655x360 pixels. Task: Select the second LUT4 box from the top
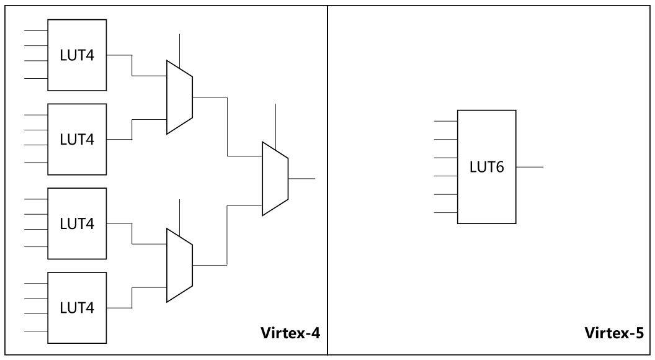tap(77, 138)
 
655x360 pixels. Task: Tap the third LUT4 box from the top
tap(77, 223)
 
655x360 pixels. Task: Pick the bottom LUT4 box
tap(77, 307)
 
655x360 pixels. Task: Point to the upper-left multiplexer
tap(179, 97)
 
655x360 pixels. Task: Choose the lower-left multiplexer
tap(179, 265)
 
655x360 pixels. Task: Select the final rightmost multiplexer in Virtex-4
tap(275, 179)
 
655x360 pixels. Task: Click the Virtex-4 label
tap(290, 333)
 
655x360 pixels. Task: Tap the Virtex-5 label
tap(615, 333)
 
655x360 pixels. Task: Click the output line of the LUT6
tap(530, 167)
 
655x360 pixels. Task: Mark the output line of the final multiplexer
tap(302, 179)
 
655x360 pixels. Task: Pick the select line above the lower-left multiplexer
tap(179, 215)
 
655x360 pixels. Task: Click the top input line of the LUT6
tap(445, 121)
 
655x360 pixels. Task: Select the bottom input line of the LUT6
tap(445, 213)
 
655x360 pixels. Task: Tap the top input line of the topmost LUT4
tap(35, 30)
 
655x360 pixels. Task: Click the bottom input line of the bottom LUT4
tap(35, 331)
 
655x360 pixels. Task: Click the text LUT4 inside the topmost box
tap(77, 55)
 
